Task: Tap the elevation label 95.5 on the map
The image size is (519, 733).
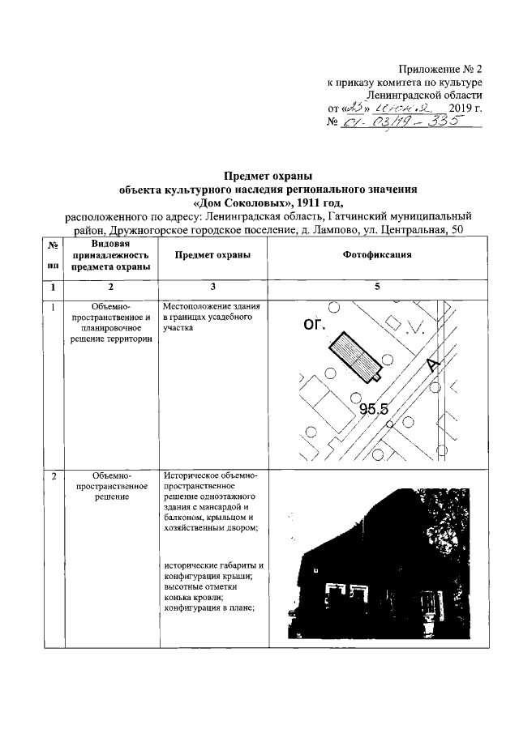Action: [374, 409]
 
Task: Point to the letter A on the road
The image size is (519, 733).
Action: [433, 365]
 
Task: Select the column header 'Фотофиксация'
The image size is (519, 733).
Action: [377, 255]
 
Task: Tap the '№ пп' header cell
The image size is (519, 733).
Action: [53, 255]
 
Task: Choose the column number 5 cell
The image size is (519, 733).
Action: [377, 287]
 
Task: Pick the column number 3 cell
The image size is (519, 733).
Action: [212, 287]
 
